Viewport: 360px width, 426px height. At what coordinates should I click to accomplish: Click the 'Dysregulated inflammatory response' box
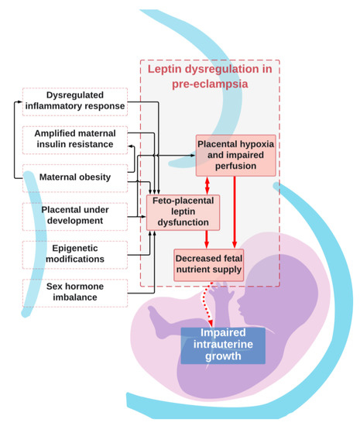click(x=74, y=101)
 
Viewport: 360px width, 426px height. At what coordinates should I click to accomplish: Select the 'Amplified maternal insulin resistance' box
click(x=74, y=139)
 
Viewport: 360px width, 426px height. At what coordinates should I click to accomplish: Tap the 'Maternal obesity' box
click(x=74, y=177)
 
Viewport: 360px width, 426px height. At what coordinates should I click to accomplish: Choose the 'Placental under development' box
click(x=74, y=215)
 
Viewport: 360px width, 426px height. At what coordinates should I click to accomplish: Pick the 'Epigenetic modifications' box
click(x=74, y=253)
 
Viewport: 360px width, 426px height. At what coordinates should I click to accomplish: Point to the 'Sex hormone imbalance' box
click(x=74, y=290)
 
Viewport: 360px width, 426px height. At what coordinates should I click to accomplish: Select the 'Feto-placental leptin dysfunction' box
click(x=183, y=211)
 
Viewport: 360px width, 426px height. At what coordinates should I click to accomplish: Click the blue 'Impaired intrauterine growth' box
click(x=223, y=345)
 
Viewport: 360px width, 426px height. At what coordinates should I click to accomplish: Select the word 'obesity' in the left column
click(x=99, y=177)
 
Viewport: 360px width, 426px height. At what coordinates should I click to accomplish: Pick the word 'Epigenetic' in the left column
click(x=74, y=246)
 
